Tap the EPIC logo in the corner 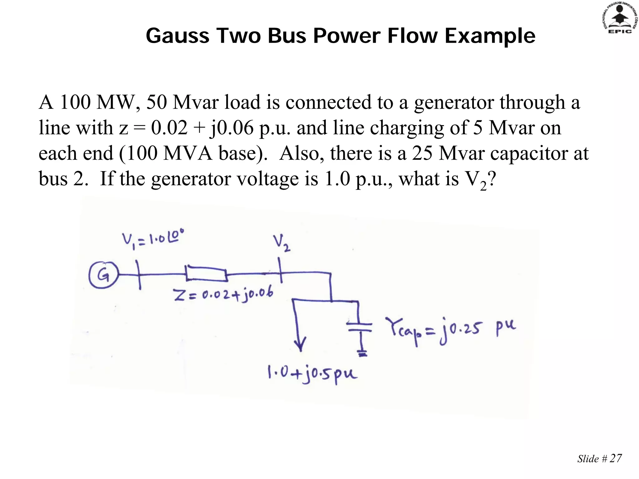[620, 17]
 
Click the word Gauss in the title [178, 36]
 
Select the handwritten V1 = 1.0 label [153, 239]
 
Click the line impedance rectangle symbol [206, 274]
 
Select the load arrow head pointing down [300, 345]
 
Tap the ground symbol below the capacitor [362, 354]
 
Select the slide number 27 [615, 458]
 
